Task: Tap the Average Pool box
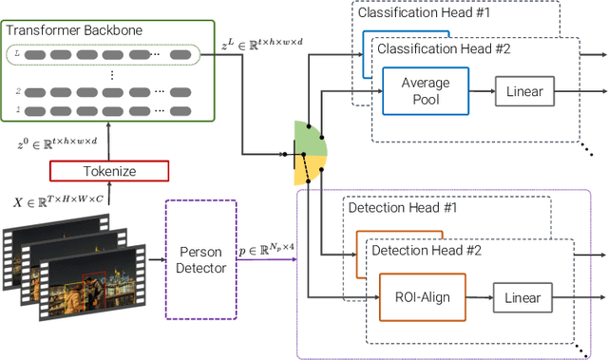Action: [426, 91]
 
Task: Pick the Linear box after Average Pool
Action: [523, 91]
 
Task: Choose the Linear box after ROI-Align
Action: [521, 297]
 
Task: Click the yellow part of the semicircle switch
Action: [309, 172]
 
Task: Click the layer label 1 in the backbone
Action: [16, 110]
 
